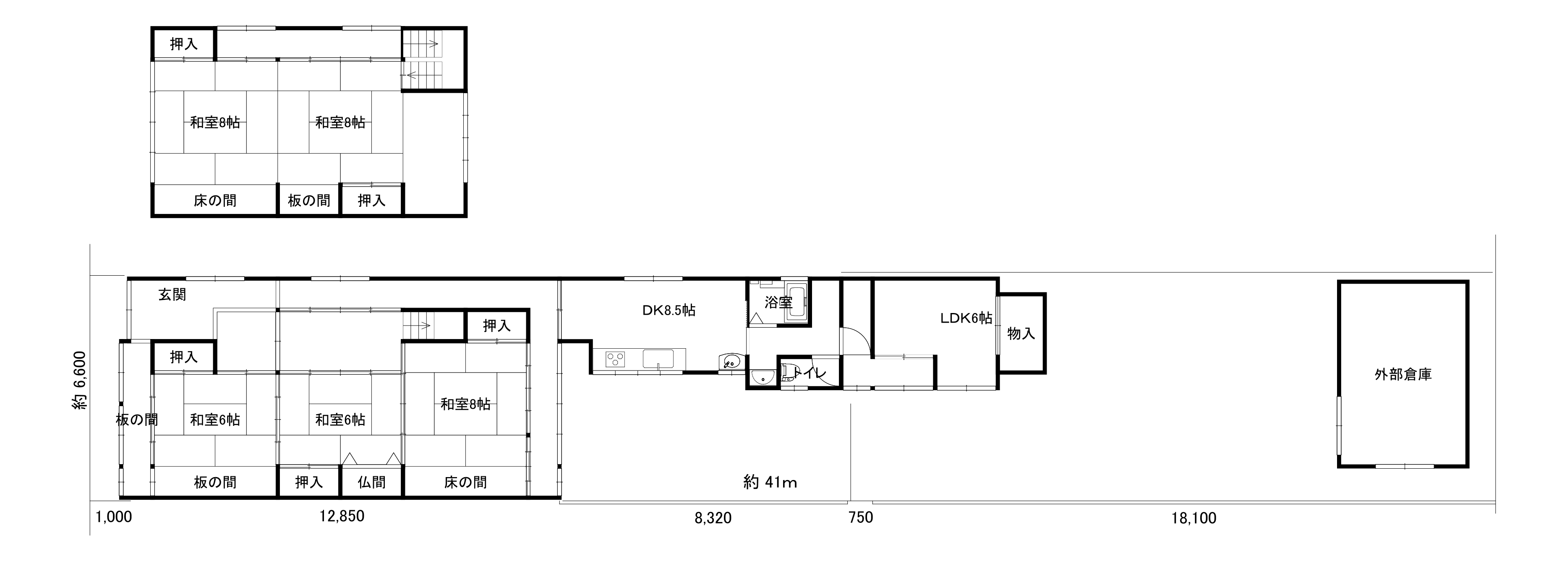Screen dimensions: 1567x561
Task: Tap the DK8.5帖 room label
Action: pyautogui.click(x=669, y=311)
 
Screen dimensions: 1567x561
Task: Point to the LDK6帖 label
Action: pyautogui.click(x=966, y=318)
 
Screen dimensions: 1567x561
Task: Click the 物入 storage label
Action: pyautogui.click(x=1021, y=334)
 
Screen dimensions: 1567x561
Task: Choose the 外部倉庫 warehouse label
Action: pyautogui.click(x=1403, y=375)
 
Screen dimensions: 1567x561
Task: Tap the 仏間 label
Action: pyautogui.click(x=372, y=483)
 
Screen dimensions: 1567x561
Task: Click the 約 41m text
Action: pyautogui.click(x=770, y=483)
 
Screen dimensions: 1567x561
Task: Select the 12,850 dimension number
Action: pyautogui.click(x=342, y=517)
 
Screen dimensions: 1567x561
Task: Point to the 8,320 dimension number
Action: pyautogui.click(x=713, y=518)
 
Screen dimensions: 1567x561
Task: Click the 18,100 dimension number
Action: pyautogui.click(x=1194, y=518)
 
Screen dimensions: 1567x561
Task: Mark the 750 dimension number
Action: pyautogui.click(x=861, y=518)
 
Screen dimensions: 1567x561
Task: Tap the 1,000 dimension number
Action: pyautogui.click(x=114, y=517)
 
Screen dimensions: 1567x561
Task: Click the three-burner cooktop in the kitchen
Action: pyautogui.click(x=616, y=359)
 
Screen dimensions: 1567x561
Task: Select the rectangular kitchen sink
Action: pyautogui.click(x=658, y=359)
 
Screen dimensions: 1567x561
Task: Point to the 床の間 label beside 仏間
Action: pyautogui.click(x=465, y=483)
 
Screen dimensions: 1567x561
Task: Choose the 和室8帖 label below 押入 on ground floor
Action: pyautogui.click(x=465, y=404)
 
